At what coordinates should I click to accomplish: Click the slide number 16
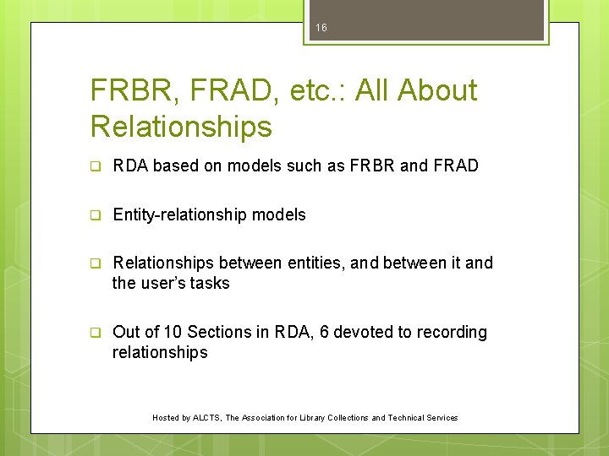pyautogui.click(x=321, y=28)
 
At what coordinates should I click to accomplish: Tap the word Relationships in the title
pyautogui.click(x=181, y=126)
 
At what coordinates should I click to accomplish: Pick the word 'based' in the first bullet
pyautogui.click(x=175, y=166)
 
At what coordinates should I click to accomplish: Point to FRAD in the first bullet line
pyautogui.click(x=456, y=166)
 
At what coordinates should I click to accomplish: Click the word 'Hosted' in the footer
pyautogui.click(x=165, y=417)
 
